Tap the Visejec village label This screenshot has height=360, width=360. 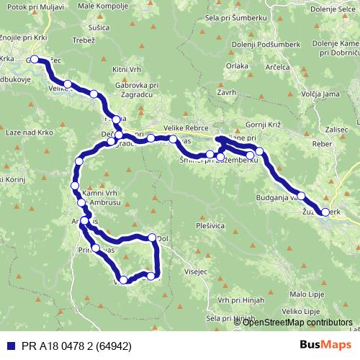tap(196, 273)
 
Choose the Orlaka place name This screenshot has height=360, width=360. tap(237, 66)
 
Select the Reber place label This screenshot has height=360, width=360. tap(320, 144)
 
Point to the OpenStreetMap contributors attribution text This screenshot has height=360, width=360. tap(294, 322)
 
